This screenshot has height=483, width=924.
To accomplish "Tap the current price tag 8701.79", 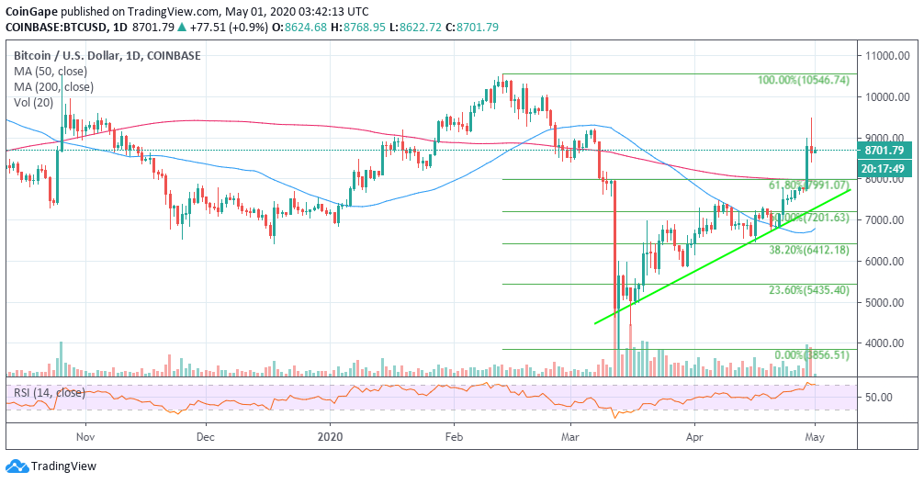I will pos(885,150).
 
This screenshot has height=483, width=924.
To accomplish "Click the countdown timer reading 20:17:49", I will pos(885,168).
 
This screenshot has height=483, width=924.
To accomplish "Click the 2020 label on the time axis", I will pos(328,438).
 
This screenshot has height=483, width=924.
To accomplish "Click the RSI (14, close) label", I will pos(48,393).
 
